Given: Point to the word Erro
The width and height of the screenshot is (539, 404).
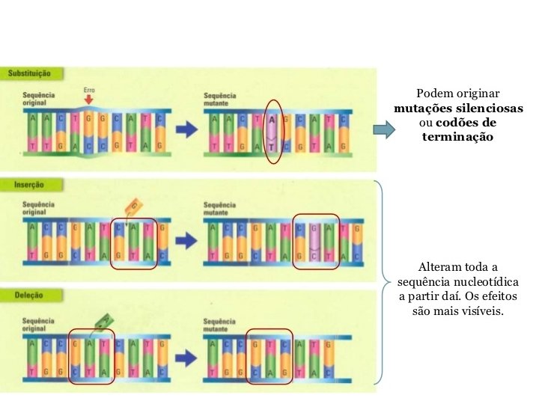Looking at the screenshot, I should click(x=89, y=91).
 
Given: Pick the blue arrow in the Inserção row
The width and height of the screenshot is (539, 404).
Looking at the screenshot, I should click(x=185, y=241).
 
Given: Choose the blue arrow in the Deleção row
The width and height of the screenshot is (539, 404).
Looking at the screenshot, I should click(x=185, y=353).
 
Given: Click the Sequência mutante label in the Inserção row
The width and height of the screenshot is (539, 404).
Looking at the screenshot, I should click(x=219, y=207).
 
